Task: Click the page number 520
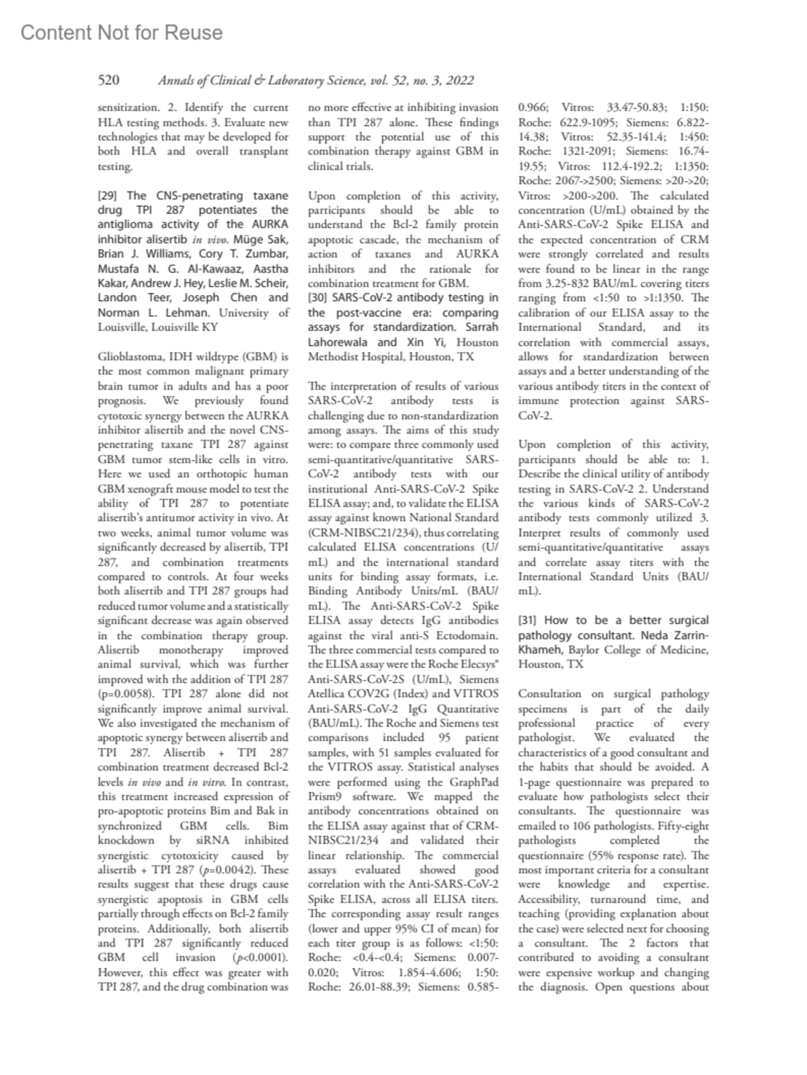pos(109,81)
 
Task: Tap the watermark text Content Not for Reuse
pos(122,33)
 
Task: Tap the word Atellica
pos(327,694)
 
